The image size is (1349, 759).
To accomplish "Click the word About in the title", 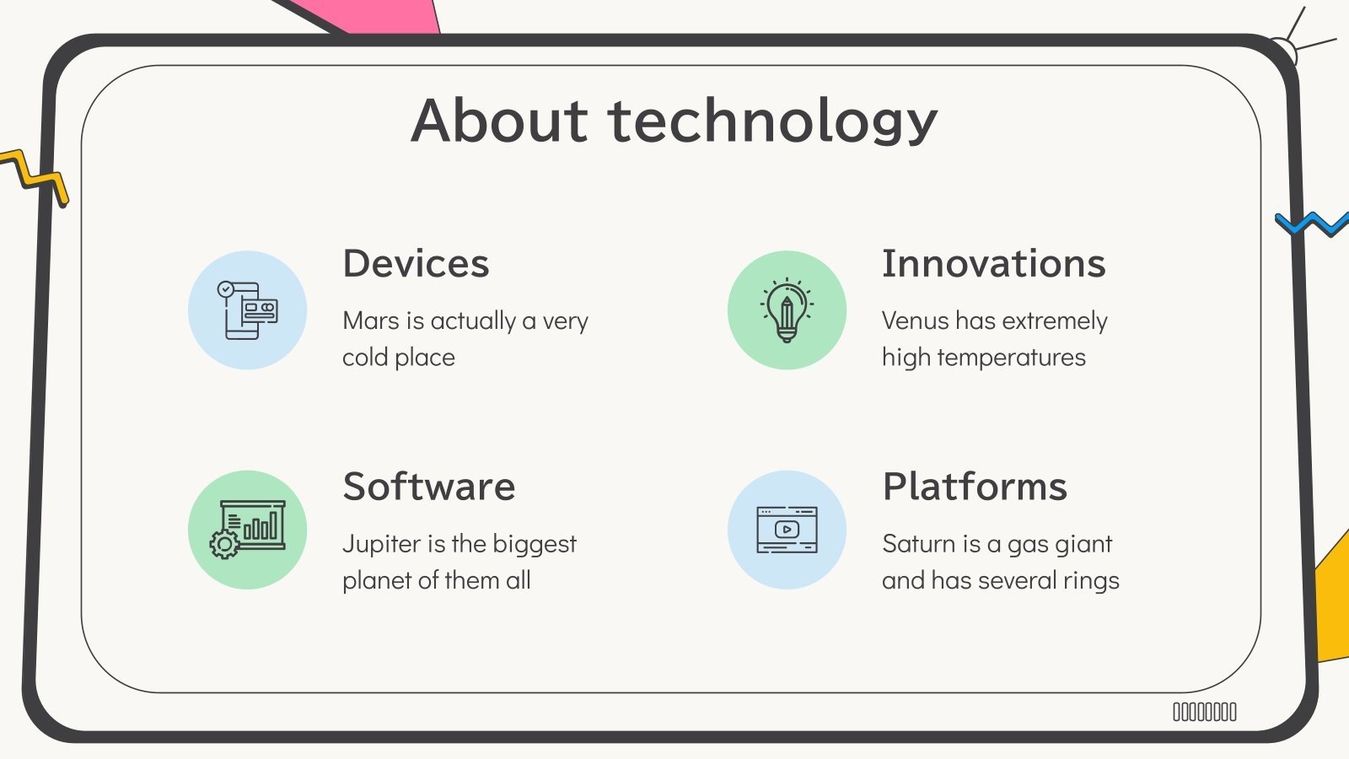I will coord(498,120).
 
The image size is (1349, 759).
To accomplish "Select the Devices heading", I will coord(416,264).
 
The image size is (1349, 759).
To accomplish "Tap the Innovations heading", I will coord(993,264).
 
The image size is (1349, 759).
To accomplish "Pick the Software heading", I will coord(428,487).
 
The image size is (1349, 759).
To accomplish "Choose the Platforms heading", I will coord(975,487).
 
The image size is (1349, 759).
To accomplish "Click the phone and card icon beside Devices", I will coord(247,310).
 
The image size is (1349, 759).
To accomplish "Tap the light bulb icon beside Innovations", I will coord(787,310).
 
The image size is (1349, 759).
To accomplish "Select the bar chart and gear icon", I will coord(247,530).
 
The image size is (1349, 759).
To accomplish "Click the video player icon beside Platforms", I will coord(787,530).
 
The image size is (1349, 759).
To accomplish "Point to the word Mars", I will coord(371,321).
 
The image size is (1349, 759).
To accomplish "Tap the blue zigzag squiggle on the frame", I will coord(1311,224).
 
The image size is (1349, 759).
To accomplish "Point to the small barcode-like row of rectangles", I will coord(1205,713).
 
